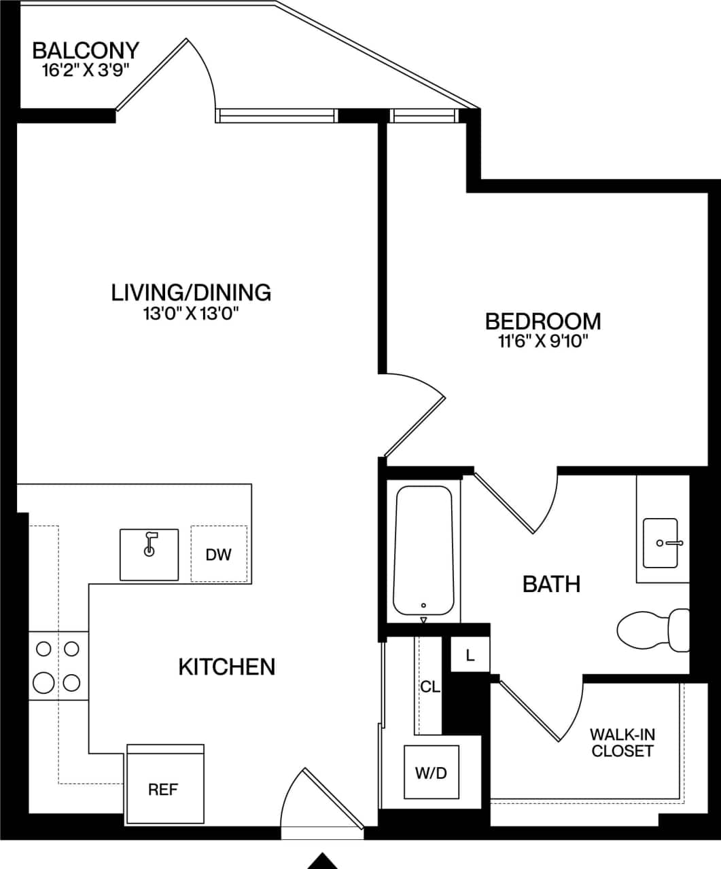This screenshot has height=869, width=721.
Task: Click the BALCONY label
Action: [x=86, y=50]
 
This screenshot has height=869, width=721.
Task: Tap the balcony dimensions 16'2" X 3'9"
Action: [x=86, y=69]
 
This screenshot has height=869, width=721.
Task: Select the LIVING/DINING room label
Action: [x=191, y=292]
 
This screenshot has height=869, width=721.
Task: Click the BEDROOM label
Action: [x=542, y=320]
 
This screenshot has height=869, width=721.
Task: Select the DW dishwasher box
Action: [x=219, y=555]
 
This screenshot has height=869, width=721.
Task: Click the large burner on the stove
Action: [x=43, y=682]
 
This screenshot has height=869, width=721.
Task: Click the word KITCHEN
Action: [x=227, y=667]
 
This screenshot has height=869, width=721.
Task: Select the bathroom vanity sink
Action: [x=661, y=542]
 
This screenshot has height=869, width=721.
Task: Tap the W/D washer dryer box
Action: [x=432, y=772]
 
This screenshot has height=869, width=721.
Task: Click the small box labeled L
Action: [x=470, y=655]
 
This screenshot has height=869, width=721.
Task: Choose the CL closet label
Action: [x=429, y=686]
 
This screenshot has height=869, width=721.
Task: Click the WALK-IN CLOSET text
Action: [x=622, y=742]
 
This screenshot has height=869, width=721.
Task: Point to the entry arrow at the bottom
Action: [x=322, y=860]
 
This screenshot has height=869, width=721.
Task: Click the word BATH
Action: [x=551, y=583]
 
